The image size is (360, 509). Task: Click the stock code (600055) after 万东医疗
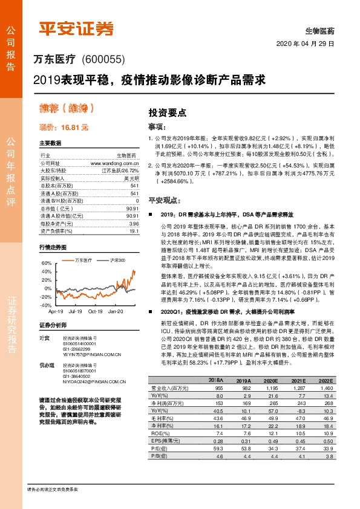click(x=101, y=59)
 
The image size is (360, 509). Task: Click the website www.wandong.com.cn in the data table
click(x=115, y=163)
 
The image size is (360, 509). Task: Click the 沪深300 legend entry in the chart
click(x=118, y=260)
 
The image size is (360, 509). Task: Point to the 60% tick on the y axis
click(x=45, y=264)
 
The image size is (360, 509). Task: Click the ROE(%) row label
click(x=159, y=433)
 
